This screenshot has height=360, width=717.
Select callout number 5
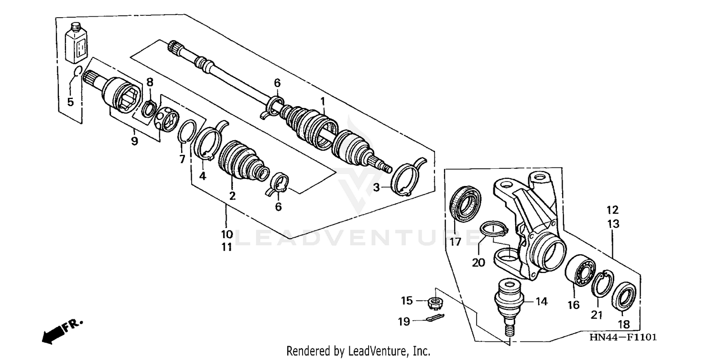[71, 102]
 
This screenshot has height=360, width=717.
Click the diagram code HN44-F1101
[623, 338]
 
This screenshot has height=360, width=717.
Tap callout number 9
[134, 141]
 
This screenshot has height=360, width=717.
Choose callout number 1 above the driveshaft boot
[323, 101]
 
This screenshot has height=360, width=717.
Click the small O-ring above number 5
[78, 72]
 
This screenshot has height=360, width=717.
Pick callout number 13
[613, 223]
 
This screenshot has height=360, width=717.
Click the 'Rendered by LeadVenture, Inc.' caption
[358, 351]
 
